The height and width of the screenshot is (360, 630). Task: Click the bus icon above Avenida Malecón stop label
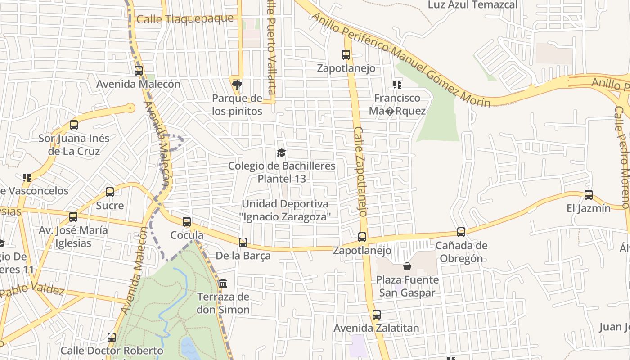tap(139, 70)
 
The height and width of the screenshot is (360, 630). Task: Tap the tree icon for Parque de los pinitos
tap(237, 85)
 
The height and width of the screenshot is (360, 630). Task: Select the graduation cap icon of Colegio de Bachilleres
tap(282, 153)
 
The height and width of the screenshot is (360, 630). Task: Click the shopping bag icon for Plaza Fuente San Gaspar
tap(407, 266)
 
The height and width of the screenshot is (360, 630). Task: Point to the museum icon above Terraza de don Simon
tap(223, 283)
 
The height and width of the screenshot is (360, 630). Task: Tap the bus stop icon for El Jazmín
tap(589, 195)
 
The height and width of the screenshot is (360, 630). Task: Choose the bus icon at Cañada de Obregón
tap(461, 232)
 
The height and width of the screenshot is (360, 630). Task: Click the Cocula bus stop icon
tap(187, 221)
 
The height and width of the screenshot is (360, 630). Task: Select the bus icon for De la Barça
tap(243, 243)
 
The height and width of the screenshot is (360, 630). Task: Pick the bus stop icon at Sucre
tap(110, 192)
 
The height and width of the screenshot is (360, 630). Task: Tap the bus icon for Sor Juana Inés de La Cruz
tap(74, 125)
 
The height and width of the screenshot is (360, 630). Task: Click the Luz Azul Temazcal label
tap(472, 5)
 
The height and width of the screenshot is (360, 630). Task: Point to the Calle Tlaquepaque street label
tap(185, 19)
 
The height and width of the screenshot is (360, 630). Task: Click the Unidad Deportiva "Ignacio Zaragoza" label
tap(286, 210)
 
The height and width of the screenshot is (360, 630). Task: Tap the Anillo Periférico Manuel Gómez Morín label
tap(400, 58)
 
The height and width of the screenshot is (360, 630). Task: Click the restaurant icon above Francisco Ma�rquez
tap(397, 84)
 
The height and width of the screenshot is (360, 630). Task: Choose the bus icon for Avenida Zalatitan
tap(377, 315)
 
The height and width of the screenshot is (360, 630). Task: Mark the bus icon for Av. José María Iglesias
tap(73, 217)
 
